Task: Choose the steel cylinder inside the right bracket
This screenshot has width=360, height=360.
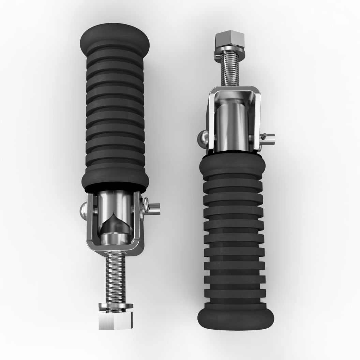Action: tap(231, 126)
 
